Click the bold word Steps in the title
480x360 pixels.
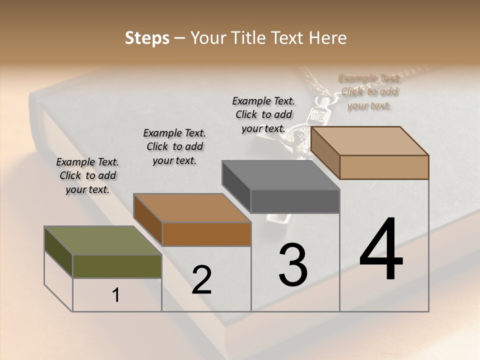(x=147, y=38)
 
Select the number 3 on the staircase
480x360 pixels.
(x=293, y=265)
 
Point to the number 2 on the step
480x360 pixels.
(x=201, y=280)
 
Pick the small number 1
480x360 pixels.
(x=116, y=295)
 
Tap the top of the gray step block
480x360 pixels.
(x=280, y=175)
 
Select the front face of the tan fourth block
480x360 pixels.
(x=384, y=167)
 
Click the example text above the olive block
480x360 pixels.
(x=87, y=175)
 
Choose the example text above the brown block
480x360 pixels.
(x=174, y=146)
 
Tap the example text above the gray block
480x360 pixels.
(x=263, y=114)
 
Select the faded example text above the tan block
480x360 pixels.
(x=369, y=92)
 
